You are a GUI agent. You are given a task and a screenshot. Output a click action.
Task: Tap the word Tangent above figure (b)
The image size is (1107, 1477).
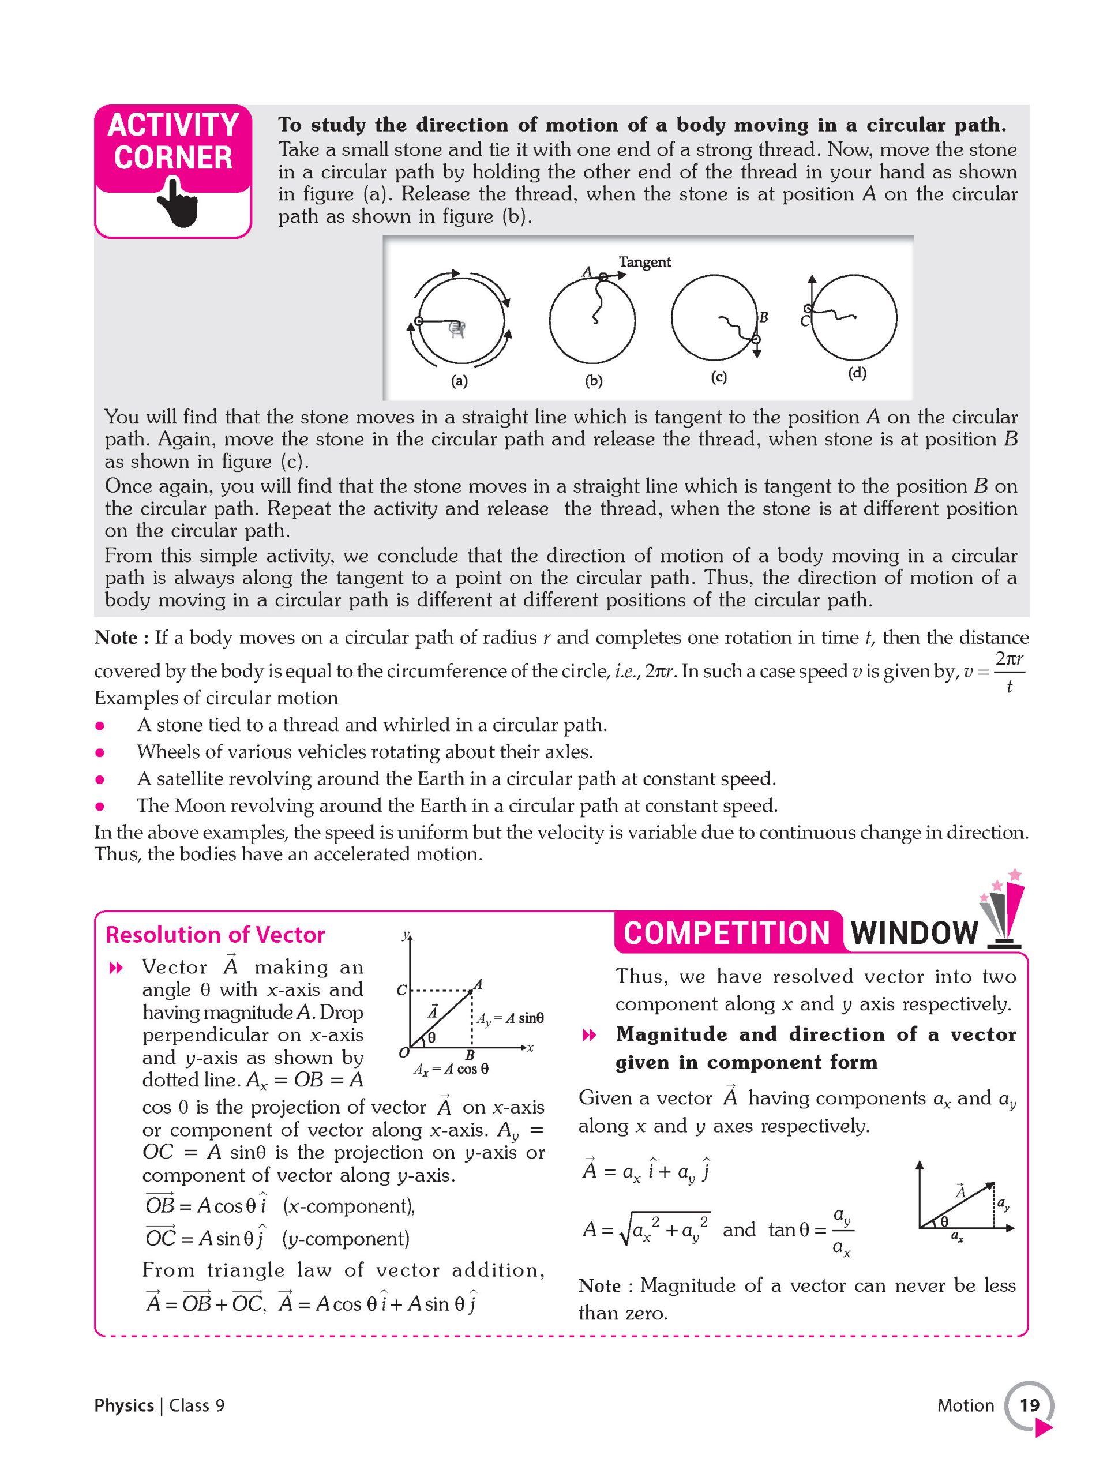tap(644, 262)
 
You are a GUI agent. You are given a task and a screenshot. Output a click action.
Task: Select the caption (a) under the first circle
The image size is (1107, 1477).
tap(459, 381)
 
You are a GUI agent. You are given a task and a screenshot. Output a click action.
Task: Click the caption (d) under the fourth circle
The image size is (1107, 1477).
tap(857, 373)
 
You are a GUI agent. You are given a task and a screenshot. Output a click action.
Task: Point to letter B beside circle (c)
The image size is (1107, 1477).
tap(763, 317)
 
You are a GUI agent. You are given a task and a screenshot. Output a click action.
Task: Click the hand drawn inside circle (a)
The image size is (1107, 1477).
tap(457, 328)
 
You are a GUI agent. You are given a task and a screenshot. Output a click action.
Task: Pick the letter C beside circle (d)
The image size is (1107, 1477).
tap(805, 321)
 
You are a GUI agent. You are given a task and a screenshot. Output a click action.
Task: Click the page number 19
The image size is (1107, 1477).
tap(1029, 1405)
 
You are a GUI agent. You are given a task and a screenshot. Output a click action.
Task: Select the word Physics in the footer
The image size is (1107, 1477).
tap(124, 1405)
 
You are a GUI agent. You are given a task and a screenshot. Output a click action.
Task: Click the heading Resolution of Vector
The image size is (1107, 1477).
tap(215, 935)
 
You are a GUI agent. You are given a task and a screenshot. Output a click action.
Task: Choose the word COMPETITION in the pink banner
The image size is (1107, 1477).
tap(726, 933)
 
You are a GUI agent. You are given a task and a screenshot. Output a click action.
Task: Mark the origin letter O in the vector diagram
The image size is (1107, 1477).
tap(403, 1053)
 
